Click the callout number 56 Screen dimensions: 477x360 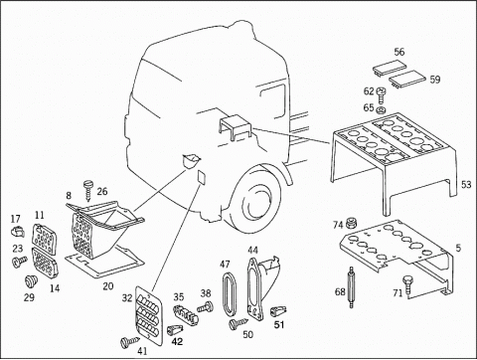[x=399, y=52]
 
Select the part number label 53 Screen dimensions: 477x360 [x=466, y=185]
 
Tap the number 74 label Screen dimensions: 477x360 [x=338, y=225]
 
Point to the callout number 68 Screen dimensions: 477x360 [x=340, y=292]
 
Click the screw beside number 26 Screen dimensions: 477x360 [x=88, y=190]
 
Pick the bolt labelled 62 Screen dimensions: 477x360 [x=382, y=94]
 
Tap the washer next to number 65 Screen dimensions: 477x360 [x=381, y=109]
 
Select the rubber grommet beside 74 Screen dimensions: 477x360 [x=350, y=223]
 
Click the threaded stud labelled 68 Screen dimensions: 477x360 [x=352, y=287]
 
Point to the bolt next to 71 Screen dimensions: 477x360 [x=407, y=283]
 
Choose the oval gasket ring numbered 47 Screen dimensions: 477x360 [x=229, y=292]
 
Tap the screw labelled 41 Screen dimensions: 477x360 [x=130, y=341]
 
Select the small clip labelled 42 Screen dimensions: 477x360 [x=174, y=329]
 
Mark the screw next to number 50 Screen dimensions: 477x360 [x=238, y=323]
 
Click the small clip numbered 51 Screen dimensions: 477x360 [x=278, y=311]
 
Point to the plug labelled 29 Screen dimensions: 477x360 [x=32, y=281]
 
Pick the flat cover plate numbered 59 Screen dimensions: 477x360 [x=406, y=80]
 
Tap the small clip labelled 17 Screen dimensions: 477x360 [x=17, y=231]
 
